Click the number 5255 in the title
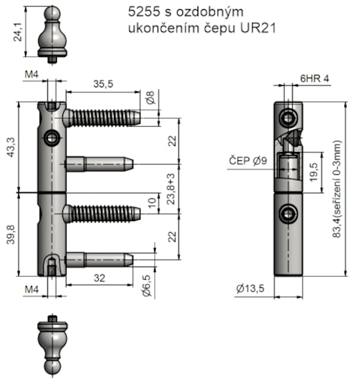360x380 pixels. tap(142, 12)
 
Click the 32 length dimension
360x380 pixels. tap(100, 278)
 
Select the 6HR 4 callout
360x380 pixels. tap(314, 78)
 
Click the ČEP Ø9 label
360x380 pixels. tap(248, 160)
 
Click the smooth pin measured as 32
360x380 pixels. tap(99, 260)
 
